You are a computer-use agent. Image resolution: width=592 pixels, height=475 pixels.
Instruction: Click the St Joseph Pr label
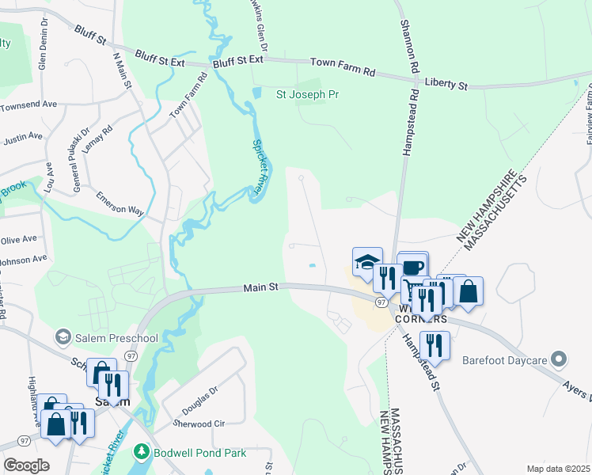307,94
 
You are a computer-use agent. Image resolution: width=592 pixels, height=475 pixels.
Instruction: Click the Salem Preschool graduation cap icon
63,338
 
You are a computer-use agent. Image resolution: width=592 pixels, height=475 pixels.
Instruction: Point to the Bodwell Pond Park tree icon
142,453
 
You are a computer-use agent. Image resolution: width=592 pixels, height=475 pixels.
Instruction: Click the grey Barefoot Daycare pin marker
560,360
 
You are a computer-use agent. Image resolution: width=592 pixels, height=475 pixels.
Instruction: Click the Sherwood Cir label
203,424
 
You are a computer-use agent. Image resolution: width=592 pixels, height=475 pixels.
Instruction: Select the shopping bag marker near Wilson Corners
468,291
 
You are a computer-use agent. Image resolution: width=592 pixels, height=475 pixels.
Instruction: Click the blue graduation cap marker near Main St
367,261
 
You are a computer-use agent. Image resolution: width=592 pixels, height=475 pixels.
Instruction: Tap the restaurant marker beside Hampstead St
435,344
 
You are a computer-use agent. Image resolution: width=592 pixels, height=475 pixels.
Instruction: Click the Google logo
26,465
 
